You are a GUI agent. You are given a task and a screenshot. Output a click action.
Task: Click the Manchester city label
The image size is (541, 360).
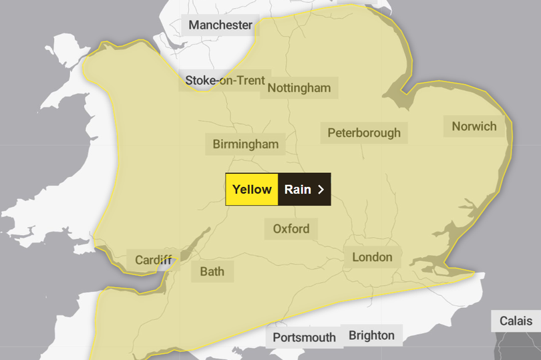[220, 25]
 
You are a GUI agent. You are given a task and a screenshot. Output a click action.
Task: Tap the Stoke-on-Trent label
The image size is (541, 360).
[224, 80]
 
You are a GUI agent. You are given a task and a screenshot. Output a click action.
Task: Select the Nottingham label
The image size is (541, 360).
[299, 87]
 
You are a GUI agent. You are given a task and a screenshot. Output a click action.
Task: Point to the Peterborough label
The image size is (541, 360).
[364, 133]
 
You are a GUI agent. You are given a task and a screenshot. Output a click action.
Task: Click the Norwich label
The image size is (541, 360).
[474, 126]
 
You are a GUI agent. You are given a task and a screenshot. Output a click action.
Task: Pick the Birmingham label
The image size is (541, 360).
[245, 144]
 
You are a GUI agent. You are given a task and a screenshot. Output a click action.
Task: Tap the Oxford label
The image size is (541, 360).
[291, 228]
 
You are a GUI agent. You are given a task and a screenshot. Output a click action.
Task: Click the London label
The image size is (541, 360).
[373, 257]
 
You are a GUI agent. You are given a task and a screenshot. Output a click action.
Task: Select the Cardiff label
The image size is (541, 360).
[153, 260]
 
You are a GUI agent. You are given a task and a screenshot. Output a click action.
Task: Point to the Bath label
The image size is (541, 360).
[212, 271]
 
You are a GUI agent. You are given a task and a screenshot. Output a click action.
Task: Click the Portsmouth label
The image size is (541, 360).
[304, 337]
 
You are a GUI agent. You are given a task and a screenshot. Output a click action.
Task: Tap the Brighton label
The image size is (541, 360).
[371, 335]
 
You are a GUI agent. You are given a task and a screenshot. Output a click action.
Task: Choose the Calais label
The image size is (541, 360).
[516, 321]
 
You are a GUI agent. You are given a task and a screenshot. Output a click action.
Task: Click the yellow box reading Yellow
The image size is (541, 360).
[252, 189]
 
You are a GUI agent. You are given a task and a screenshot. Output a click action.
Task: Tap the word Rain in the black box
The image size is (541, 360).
[297, 189]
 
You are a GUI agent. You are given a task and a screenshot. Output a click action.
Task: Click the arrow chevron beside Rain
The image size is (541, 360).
[321, 189]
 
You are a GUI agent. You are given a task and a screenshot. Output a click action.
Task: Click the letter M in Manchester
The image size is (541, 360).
[194, 25]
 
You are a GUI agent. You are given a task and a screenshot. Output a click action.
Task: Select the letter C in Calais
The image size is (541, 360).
[504, 321]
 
